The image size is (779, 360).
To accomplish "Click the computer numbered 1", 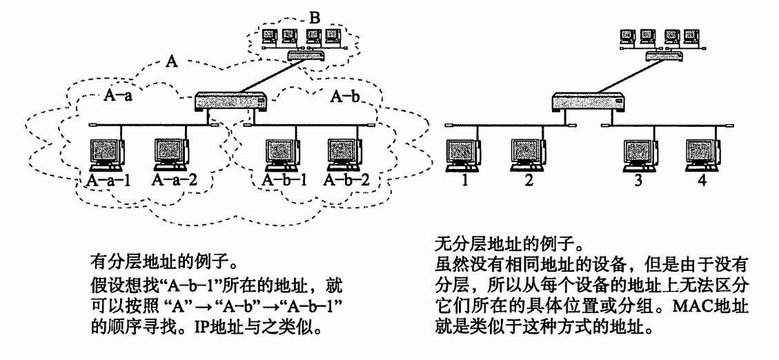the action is [x=464, y=154].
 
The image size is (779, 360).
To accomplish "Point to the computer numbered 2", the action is [x=528, y=154].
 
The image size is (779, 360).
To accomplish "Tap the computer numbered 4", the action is [x=703, y=154].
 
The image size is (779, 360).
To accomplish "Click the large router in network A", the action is [x=232, y=102].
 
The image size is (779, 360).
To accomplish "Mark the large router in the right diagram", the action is [x=589, y=102].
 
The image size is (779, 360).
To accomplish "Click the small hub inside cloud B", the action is [x=307, y=55].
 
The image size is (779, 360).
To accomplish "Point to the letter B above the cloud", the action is [x=315, y=18].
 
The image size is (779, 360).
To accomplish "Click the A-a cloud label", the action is [x=118, y=96].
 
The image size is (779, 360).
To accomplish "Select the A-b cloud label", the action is [x=345, y=97].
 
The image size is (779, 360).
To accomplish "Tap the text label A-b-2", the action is [x=346, y=179].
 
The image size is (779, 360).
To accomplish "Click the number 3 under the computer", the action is [x=638, y=180].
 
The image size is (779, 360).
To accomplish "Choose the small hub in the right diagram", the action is [x=664, y=55].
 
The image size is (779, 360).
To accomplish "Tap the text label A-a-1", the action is [x=108, y=179].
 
